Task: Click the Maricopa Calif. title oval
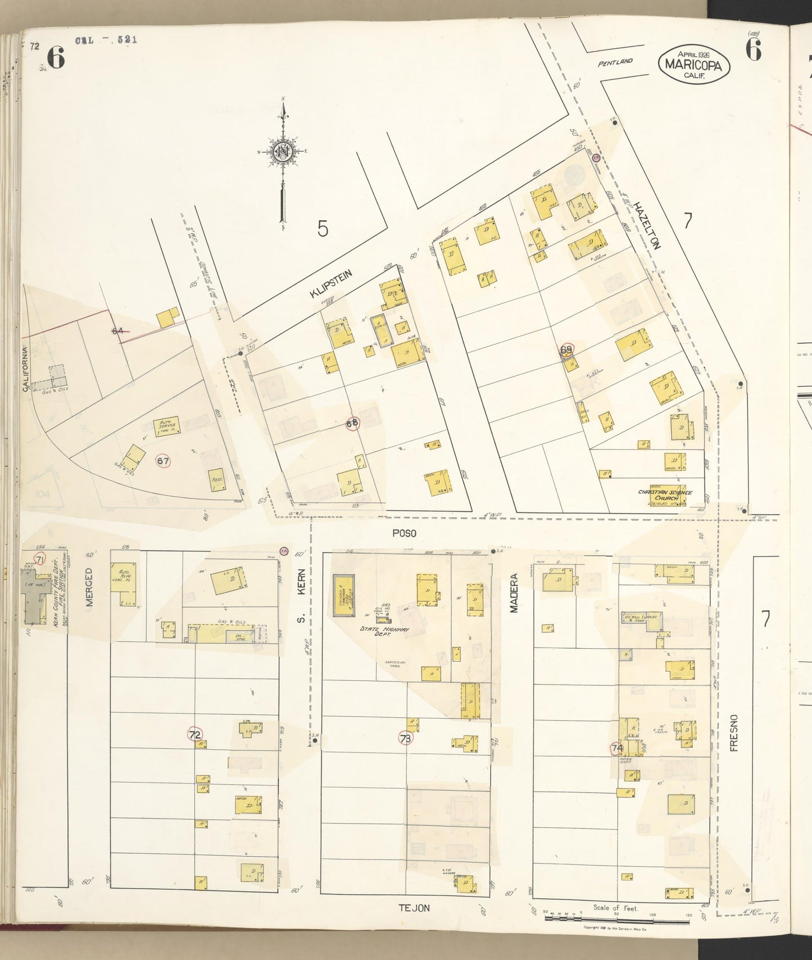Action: (x=694, y=65)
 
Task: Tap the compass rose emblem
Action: (x=283, y=152)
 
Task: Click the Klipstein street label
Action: (x=331, y=284)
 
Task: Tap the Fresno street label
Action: (x=734, y=732)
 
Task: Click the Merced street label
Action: (x=89, y=587)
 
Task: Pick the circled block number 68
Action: (x=352, y=424)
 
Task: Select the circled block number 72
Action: (x=195, y=735)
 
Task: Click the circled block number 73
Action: (x=405, y=738)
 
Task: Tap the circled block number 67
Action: (x=163, y=461)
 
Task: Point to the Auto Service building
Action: (x=166, y=427)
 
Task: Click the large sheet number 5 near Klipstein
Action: (x=323, y=229)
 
